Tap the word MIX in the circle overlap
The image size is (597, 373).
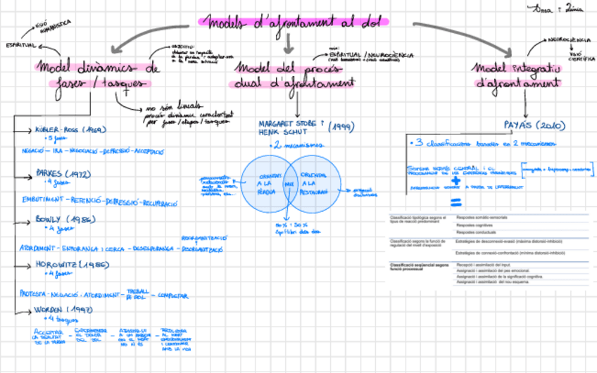pyautogui.click(x=288, y=184)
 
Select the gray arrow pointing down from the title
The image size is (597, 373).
pyautogui.click(x=288, y=44)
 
